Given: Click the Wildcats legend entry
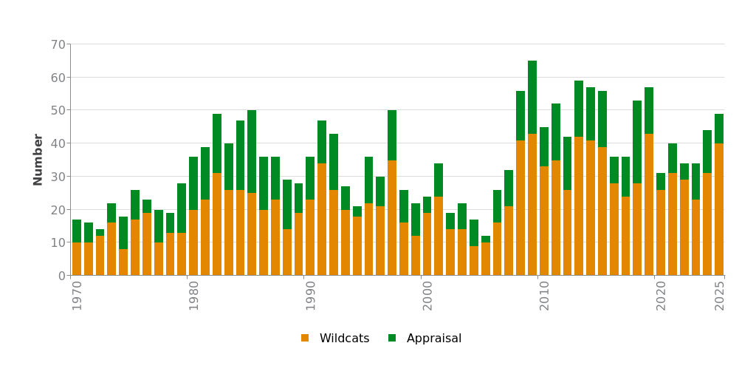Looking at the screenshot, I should [335, 339].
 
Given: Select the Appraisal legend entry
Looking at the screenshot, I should [425, 339].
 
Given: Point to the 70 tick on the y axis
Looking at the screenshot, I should [58, 44].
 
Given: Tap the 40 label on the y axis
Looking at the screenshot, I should [58, 143].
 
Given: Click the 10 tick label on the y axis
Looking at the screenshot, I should [58, 242].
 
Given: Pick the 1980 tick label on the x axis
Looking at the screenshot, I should [194, 294].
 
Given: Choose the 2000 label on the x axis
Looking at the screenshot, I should [428, 294].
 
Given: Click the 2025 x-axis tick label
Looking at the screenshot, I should [720, 294].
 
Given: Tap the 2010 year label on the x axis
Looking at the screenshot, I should [545, 294].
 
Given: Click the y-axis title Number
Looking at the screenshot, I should [38, 160].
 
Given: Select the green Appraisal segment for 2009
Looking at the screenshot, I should [532, 97].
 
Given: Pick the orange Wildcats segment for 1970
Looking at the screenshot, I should [77, 259].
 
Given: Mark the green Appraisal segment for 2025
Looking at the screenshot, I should [719, 129].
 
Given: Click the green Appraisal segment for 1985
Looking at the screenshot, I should [252, 152].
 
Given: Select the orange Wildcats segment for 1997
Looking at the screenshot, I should [392, 217].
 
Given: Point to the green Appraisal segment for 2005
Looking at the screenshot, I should [486, 240].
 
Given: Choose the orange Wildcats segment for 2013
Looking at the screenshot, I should [579, 206].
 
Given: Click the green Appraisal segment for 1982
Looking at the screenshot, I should [217, 143].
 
